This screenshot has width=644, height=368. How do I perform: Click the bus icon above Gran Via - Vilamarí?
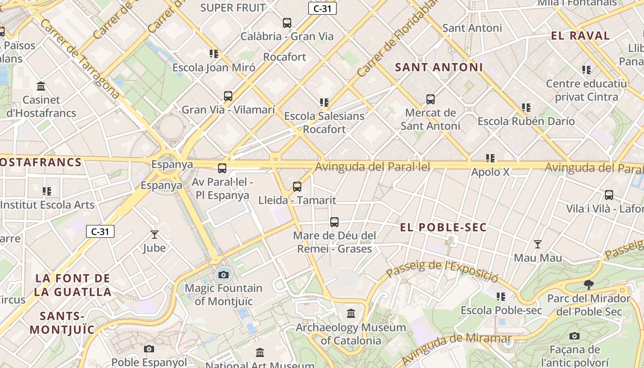point(228,96)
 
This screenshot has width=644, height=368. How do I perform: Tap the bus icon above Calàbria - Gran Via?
point(287,23)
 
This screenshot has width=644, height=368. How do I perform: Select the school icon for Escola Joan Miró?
point(213,54)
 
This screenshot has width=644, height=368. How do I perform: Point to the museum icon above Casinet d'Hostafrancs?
point(41,86)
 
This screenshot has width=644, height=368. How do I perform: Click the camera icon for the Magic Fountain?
point(224,275)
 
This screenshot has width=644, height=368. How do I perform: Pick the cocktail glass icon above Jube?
point(155,235)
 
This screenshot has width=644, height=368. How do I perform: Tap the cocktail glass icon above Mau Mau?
point(537,244)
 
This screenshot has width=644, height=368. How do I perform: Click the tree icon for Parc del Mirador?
point(588,285)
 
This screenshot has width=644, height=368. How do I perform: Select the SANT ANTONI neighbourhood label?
point(439,67)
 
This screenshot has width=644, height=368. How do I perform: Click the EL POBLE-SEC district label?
point(443,227)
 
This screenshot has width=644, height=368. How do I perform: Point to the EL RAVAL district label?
point(580,36)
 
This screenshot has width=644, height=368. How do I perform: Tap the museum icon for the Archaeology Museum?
point(351,314)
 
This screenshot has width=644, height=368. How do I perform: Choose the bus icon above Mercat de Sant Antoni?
point(431,99)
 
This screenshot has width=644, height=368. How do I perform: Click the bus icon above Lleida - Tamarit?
point(297,186)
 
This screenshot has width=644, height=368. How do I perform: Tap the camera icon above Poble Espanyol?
point(149,349)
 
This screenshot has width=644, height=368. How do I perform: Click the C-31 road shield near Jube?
point(100,231)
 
